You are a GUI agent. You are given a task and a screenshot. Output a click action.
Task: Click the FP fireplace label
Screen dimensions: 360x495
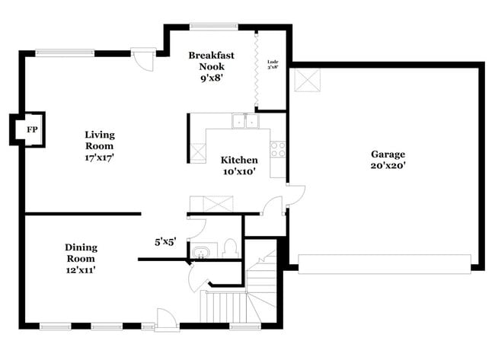click(31, 130)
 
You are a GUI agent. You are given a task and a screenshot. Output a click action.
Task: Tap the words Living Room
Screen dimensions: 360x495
click(99, 140)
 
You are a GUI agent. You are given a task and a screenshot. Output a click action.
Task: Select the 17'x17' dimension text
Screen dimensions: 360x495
click(99, 158)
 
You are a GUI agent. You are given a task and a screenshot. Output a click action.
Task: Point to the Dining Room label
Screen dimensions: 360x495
click(80, 253)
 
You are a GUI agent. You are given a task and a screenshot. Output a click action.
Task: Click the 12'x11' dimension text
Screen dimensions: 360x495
click(80, 269)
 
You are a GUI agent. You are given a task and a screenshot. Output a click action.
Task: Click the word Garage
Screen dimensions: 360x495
click(388, 153)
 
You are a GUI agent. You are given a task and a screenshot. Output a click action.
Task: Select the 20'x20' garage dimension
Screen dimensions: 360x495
click(388, 165)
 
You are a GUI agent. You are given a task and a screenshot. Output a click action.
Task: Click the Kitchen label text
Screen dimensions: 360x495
click(239, 160)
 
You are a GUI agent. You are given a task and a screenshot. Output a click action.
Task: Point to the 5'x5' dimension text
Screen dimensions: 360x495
click(165, 242)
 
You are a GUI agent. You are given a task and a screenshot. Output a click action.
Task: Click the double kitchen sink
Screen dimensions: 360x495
click(244, 120)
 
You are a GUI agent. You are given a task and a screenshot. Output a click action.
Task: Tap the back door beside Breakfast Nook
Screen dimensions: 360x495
click(142, 59)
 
